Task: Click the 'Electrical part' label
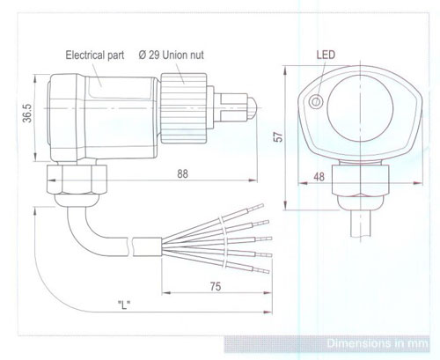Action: coord(95,55)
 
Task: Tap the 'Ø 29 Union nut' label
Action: coord(171,55)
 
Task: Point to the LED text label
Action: coord(326,55)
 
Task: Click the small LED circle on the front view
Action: coord(316,102)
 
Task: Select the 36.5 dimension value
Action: coord(27,113)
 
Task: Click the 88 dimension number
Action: coord(182,173)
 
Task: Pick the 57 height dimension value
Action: coord(278,136)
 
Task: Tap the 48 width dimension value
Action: coord(319,177)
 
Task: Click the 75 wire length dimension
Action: coord(216,286)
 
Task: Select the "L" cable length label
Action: coord(124,305)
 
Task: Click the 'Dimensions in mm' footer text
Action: coord(378,343)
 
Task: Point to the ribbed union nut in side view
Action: coord(184,108)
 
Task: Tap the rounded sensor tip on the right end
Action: coord(253,108)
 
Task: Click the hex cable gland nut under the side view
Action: coord(77,180)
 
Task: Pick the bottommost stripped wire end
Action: coord(261,270)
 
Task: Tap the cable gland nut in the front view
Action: coord(361,180)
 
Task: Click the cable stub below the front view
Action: coord(361,224)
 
